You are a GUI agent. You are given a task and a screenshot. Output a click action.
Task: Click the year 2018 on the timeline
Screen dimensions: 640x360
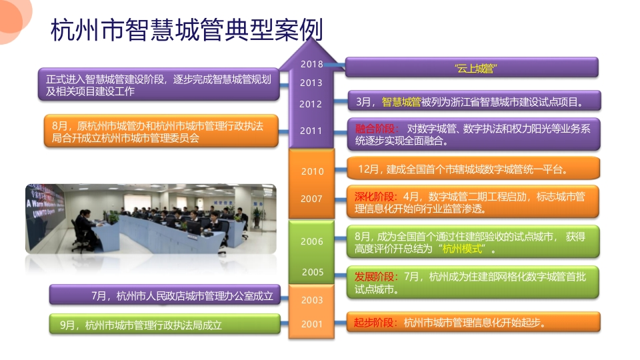coord(312,64)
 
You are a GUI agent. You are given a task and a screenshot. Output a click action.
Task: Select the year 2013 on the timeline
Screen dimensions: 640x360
coord(311,83)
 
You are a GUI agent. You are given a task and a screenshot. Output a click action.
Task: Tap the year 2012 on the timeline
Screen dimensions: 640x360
coord(311,104)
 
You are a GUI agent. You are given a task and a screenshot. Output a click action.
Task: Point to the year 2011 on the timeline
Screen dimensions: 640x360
coord(311,131)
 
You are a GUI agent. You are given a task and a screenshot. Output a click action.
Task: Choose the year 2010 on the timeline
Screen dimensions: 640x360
coord(312,171)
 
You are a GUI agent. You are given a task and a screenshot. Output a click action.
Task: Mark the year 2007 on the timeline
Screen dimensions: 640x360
coord(311,199)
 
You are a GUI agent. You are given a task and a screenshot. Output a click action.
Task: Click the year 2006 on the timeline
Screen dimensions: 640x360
coord(312,241)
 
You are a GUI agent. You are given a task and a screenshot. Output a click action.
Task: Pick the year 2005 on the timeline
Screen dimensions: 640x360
coord(313,272)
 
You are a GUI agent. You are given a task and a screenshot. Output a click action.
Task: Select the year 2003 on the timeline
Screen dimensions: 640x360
coord(312,301)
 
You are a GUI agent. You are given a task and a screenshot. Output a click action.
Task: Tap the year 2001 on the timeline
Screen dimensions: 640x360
coord(312,324)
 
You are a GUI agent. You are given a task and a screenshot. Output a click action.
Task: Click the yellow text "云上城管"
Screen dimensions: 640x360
coord(476,68)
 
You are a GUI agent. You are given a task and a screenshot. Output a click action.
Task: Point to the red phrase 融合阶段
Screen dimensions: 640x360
coord(375,129)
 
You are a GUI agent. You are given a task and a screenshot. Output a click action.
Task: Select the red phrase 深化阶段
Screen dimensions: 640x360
coord(374,197)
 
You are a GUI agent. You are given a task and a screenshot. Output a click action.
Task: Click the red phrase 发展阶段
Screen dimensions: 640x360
coord(374,277)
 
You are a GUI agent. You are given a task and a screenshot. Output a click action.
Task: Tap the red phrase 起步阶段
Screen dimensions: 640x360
coord(373,323)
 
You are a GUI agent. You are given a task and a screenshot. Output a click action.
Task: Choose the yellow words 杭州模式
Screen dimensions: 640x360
coord(462,249)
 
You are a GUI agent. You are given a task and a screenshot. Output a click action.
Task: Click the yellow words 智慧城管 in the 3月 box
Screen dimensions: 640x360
coord(401,102)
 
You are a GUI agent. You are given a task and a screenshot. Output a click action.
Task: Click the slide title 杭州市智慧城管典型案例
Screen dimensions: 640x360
coord(187,30)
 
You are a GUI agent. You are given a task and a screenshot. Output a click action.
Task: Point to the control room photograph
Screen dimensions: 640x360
coord(151,219)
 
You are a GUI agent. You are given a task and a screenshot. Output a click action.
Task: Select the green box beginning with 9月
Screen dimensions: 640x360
coord(165,325)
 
